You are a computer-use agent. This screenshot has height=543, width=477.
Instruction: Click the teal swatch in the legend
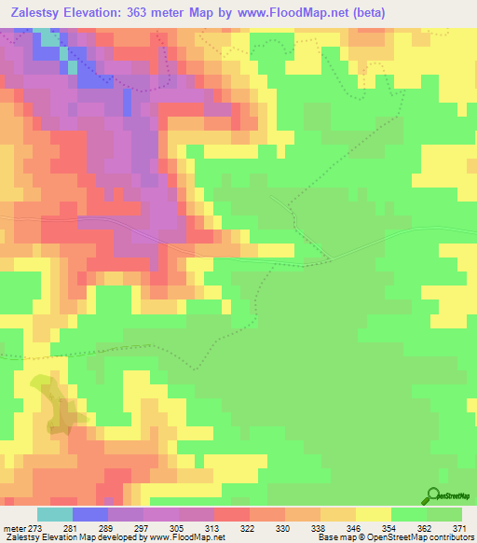click(54, 514)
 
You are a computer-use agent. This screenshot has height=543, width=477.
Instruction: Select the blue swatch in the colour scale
click(89, 514)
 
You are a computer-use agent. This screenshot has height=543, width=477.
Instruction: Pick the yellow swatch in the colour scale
click(373, 514)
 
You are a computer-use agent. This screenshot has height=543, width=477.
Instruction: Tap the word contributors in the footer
click(449, 536)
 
